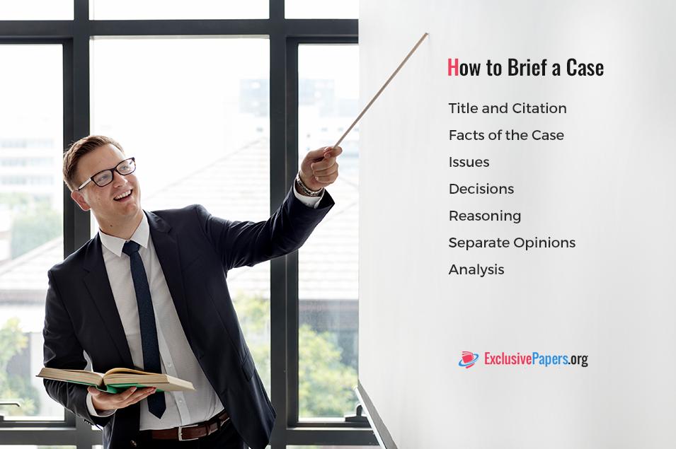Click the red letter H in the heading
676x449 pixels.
click(453, 68)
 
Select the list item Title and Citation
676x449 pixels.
click(508, 108)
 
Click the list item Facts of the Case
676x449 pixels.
click(506, 135)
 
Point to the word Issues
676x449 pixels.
click(469, 163)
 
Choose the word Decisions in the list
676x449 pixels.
click(481, 189)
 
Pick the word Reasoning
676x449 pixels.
click(485, 216)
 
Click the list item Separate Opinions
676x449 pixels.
click(512, 243)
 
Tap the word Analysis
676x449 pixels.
click(476, 270)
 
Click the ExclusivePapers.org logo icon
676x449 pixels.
click(469, 359)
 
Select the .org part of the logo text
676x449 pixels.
click(578, 359)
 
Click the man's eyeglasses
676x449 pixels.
click(108, 174)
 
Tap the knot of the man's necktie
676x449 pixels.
click(132, 247)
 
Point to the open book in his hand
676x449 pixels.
click(115, 380)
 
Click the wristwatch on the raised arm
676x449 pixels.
click(308, 187)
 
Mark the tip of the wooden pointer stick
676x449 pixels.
click(428, 33)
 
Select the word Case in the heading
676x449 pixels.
click(585, 68)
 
